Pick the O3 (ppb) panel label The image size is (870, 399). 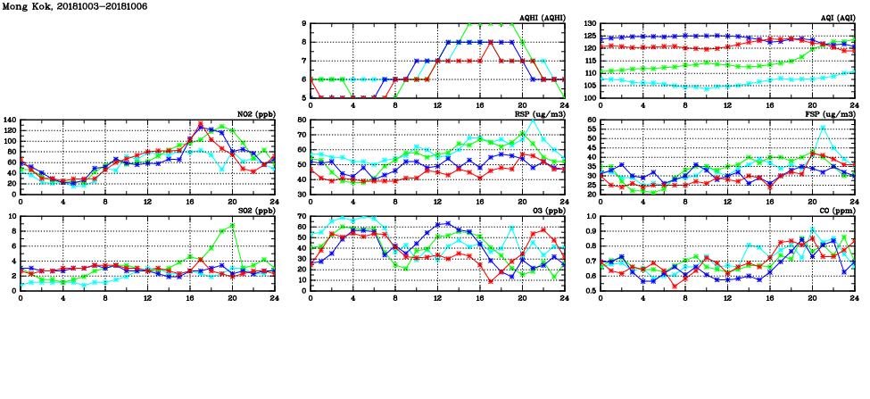tap(547, 211)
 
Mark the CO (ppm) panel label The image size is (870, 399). tap(836, 211)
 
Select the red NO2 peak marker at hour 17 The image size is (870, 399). tap(200, 124)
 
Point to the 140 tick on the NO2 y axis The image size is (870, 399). tap(10, 120)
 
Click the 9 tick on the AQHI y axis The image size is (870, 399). tap(303, 23)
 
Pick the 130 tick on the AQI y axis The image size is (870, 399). tap(589, 23)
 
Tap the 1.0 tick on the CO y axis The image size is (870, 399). tap(591, 216)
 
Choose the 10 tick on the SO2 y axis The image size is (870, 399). tap(12, 216)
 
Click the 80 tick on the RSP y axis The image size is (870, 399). tap(302, 120)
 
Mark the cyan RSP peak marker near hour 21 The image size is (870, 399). tap(534, 121)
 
